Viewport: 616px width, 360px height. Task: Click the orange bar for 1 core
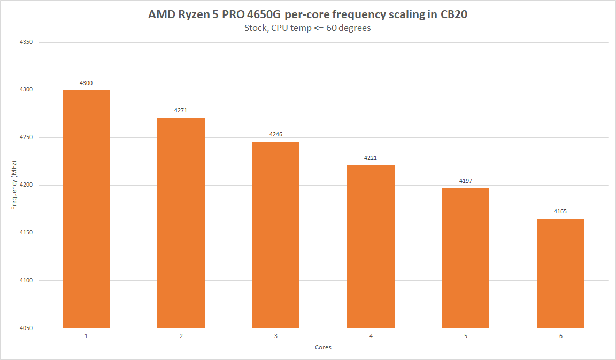click(x=86, y=209)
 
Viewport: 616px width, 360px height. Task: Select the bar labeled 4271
click(x=181, y=223)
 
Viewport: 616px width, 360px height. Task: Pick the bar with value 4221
click(x=371, y=246)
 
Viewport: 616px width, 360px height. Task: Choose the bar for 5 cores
click(x=466, y=258)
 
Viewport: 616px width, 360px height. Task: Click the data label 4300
click(x=86, y=83)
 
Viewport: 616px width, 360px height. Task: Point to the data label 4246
click(x=276, y=134)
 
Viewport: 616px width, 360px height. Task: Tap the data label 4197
click(x=466, y=181)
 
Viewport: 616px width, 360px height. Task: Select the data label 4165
click(x=560, y=211)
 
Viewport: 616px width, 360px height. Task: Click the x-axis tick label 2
click(x=181, y=336)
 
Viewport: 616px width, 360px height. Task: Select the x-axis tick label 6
click(x=561, y=336)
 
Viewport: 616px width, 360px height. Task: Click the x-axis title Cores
click(x=323, y=347)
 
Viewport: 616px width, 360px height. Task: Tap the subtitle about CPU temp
click(x=307, y=28)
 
